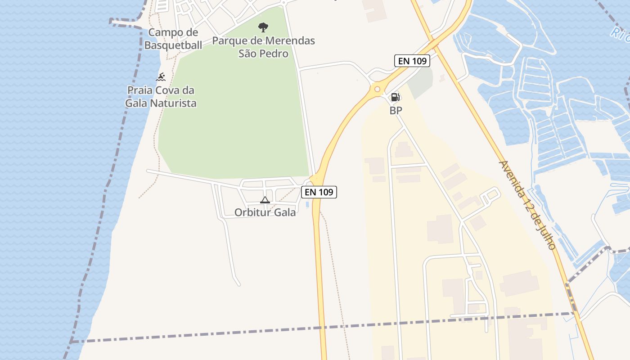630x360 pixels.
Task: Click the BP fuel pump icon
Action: (x=395, y=97)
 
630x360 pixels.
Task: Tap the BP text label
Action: (x=396, y=110)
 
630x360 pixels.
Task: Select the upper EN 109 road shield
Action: (x=412, y=61)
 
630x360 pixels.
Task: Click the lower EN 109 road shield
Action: (x=319, y=192)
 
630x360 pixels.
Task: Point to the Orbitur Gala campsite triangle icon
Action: (x=265, y=200)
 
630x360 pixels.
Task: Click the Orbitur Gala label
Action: (x=265, y=212)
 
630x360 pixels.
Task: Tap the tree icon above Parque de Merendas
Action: (x=263, y=27)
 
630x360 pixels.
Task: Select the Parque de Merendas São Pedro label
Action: (x=263, y=47)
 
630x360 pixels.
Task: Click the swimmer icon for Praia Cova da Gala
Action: (x=161, y=77)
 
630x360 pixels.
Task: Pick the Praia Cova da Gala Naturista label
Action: (x=161, y=96)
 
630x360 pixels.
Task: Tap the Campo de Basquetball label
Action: (x=173, y=39)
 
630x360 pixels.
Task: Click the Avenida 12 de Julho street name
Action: (x=527, y=205)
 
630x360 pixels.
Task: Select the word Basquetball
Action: (x=173, y=45)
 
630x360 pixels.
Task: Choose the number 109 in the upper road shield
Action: (x=418, y=61)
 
